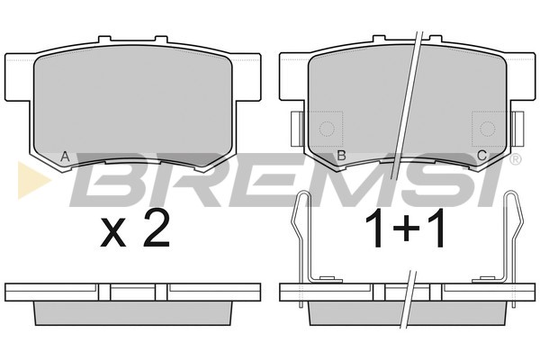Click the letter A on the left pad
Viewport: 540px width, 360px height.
click(x=65, y=157)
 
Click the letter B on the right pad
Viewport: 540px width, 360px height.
click(x=341, y=156)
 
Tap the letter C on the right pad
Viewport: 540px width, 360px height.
click(x=481, y=156)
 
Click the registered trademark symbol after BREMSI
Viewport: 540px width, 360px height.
click(x=515, y=159)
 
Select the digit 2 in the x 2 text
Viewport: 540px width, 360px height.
click(x=157, y=229)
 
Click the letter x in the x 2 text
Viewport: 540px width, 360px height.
click(x=113, y=233)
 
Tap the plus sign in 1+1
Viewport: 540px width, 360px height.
click(x=406, y=228)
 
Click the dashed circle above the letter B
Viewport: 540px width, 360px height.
click(x=327, y=129)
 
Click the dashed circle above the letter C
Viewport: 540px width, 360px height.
click(x=487, y=129)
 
